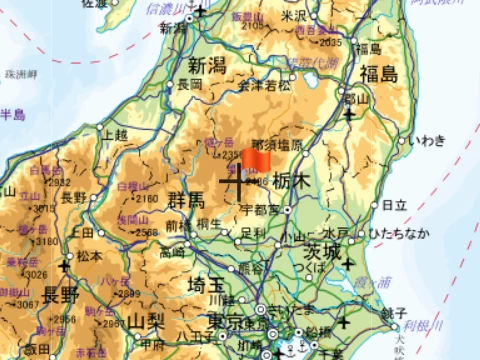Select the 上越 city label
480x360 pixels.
point(115,133)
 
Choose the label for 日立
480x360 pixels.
point(394,205)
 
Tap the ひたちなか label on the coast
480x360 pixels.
point(400,233)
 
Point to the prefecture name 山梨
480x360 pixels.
point(146,322)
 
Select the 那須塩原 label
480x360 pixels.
point(277,145)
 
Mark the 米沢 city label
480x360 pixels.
point(293,16)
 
